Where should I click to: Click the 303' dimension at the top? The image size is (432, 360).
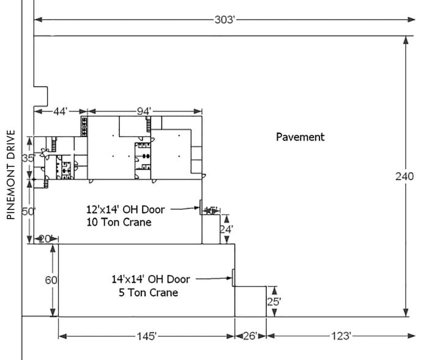pos(225,20)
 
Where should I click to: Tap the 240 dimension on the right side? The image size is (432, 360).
pos(405,176)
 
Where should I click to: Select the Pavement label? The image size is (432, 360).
pos(300,137)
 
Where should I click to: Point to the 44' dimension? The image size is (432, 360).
pos(61,111)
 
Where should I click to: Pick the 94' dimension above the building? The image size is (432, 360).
pos(144,111)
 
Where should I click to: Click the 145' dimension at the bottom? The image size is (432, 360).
pos(147,336)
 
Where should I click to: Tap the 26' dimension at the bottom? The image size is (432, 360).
pos(250,336)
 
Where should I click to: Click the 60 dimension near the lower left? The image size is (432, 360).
pos(52,280)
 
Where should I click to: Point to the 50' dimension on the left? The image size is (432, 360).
pos(28,212)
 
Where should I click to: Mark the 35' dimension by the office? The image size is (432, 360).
pos(28,159)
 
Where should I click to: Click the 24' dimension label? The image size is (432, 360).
pos(226,230)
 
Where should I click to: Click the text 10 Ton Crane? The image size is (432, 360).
pos(119,222)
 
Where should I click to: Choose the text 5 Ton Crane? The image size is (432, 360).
pos(149,293)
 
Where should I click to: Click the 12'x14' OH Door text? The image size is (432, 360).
pos(125,209)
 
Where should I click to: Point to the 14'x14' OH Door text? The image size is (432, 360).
pos(151,279)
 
